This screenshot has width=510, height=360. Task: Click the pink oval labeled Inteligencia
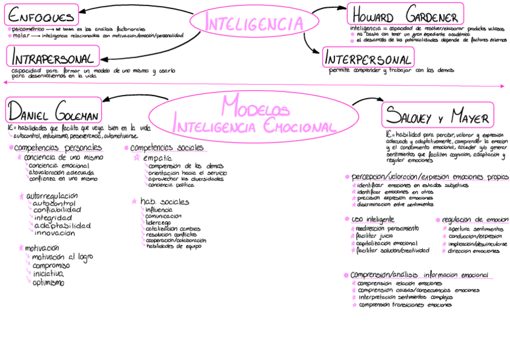click(253, 23)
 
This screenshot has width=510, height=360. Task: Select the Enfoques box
click(43, 16)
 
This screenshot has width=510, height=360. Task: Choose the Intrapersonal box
click(54, 58)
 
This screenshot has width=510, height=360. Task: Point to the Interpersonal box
click(368, 58)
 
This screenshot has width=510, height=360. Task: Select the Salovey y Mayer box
click(437, 115)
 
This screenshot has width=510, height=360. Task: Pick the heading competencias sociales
click(167, 148)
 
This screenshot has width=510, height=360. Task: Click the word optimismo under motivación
click(48, 282)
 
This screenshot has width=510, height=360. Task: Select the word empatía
click(157, 157)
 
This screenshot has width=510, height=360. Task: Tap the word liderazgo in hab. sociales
click(158, 222)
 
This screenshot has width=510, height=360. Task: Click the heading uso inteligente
click(373, 219)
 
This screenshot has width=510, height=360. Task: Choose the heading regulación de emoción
click(475, 220)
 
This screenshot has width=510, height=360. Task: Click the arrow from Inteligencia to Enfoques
click(132, 8)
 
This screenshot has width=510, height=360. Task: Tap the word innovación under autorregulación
click(55, 233)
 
